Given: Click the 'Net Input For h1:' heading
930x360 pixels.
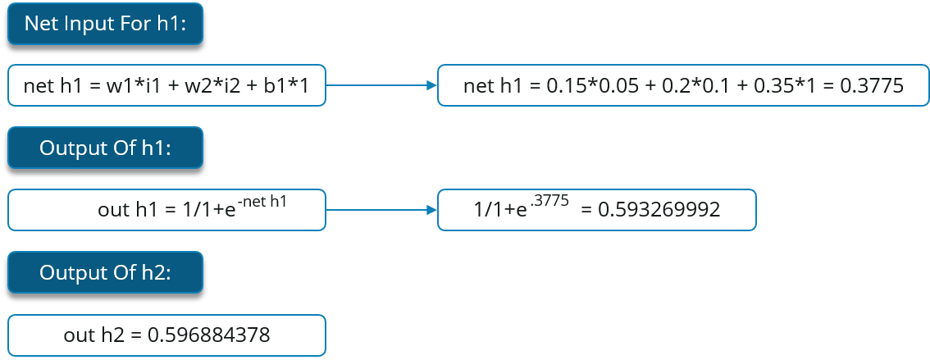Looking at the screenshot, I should pyautogui.click(x=105, y=24).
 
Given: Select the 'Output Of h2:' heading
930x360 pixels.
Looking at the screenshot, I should pyautogui.click(x=105, y=273).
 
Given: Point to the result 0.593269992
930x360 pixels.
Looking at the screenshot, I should pyautogui.click(x=659, y=210).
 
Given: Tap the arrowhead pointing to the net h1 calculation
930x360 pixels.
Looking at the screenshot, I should pyautogui.click(x=431, y=85).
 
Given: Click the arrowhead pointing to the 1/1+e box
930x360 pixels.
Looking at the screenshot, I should pyautogui.click(x=431, y=211).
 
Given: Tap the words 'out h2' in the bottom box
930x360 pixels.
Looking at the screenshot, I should pyautogui.click(x=89, y=335).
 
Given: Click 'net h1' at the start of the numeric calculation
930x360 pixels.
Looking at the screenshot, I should pyautogui.click(x=490, y=86).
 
